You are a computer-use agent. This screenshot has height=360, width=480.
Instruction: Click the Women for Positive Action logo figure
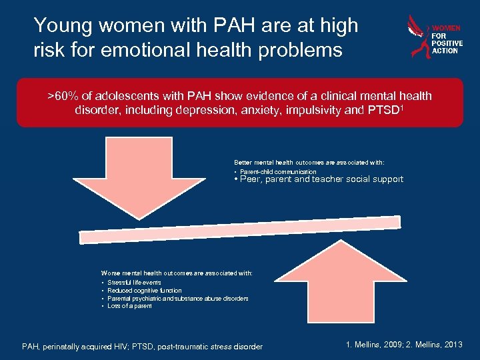(x=419, y=37)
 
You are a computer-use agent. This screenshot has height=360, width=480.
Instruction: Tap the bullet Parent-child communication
(x=277, y=172)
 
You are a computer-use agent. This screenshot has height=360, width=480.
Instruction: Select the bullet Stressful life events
(x=134, y=283)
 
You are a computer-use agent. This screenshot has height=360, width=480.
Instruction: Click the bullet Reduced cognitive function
(x=144, y=291)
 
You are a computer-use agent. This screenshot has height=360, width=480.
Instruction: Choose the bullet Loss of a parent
(x=129, y=306)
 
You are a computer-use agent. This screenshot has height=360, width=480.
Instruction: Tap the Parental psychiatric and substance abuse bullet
(x=177, y=299)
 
